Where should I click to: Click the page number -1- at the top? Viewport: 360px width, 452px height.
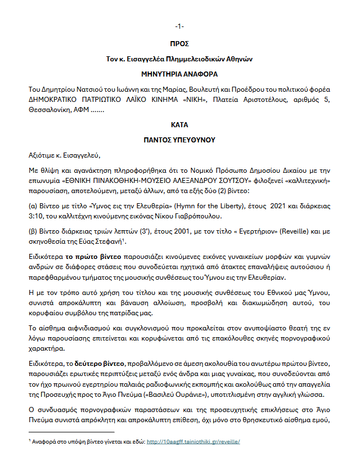click(x=179, y=26)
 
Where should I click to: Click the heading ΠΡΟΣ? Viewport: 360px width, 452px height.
click(x=179, y=43)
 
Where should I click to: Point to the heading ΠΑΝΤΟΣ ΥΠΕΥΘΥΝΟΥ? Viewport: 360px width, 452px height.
click(x=179, y=139)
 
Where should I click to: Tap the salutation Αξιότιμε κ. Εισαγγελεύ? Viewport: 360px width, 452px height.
click(x=66, y=155)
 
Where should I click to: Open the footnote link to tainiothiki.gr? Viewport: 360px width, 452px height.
click(x=193, y=441)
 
